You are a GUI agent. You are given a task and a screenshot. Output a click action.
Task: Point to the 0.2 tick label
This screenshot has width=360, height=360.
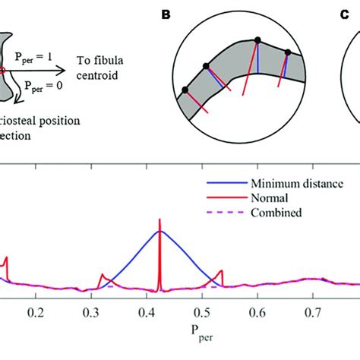click(34, 312)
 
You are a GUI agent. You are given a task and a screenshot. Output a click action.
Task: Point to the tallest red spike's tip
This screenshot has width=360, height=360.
click(159, 220)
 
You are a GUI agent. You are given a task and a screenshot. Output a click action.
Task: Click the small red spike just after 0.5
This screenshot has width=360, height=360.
click(221, 270)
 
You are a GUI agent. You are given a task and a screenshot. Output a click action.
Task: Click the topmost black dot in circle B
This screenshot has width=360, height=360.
click(257, 40)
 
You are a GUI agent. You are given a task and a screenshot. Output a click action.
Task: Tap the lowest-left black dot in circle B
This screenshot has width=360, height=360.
click(184, 91)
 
